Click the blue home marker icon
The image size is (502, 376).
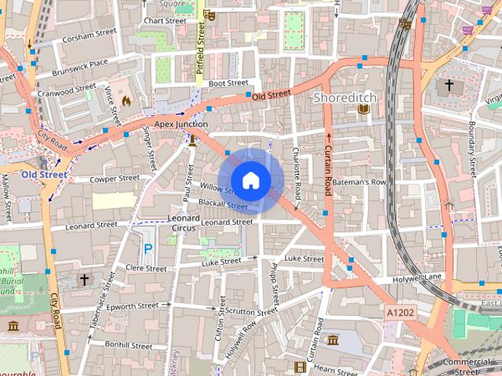pos(250,179)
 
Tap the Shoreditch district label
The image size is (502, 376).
pos(345,98)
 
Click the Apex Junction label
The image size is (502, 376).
pos(181,124)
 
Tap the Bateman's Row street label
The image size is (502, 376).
pos(359,183)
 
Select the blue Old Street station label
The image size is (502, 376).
pos(44,174)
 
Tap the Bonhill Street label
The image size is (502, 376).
pos(129,345)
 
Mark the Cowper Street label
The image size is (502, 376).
pos(115,179)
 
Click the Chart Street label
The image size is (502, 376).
pos(166,20)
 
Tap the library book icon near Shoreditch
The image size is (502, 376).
pos(362,110)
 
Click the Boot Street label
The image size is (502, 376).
pos(228,82)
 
